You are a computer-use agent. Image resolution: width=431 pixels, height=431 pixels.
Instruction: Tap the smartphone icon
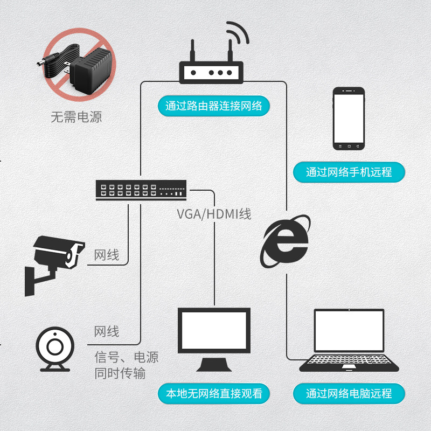tap(349, 119)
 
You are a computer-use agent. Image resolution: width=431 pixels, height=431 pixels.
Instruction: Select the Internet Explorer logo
tap(285, 241)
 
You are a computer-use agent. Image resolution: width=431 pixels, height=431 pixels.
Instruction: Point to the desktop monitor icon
tap(214, 339)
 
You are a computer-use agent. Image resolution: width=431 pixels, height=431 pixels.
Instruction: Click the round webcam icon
tap(55, 349)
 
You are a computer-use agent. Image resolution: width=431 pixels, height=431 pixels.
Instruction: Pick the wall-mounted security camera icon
tap(54, 266)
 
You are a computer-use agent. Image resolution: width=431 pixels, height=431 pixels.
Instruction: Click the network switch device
tap(141, 190)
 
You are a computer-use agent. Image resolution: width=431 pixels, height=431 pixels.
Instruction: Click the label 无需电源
tap(77, 117)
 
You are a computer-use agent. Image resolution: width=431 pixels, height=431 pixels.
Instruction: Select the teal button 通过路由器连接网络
tap(213, 106)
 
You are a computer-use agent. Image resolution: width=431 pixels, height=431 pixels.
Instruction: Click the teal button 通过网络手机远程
tap(349, 172)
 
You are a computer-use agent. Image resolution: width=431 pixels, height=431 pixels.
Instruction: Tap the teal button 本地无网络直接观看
tap(213, 393)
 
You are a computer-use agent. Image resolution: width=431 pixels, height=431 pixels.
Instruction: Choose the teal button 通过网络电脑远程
tap(349, 393)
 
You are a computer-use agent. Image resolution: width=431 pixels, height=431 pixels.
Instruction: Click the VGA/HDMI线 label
tap(214, 214)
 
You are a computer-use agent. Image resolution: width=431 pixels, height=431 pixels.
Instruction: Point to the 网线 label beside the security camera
tap(107, 255)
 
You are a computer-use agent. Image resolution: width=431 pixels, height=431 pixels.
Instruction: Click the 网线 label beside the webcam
tap(107, 331)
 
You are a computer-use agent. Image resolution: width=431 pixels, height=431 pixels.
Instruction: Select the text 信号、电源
tap(127, 357)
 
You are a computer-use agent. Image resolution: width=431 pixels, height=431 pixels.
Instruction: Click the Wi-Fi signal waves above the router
tap(238, 32)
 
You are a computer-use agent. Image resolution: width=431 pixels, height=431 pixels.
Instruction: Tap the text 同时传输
tap(120, 373)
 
